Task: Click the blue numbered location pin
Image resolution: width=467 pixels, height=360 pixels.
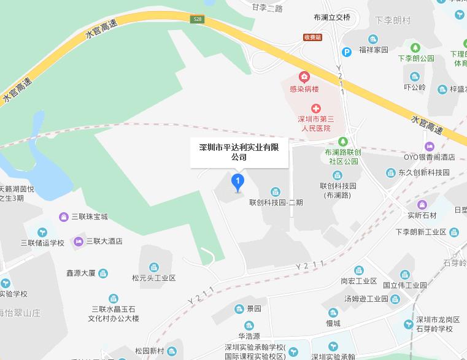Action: (237, 182)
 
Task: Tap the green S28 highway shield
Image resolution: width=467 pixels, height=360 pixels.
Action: (197, 19)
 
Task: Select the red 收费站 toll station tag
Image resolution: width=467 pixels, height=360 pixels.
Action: (312, 37)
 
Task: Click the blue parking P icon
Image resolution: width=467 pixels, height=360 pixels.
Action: (347, 52)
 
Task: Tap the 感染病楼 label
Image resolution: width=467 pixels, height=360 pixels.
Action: (304, 89)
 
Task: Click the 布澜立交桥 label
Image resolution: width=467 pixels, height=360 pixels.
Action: (332, 17)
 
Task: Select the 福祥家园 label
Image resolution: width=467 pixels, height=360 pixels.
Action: (374, 50)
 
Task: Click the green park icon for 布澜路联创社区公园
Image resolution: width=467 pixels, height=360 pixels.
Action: (343, 141)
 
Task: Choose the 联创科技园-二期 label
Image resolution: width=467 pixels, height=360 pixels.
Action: (276, 202)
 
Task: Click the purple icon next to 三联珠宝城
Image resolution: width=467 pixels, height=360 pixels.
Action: (63, 216)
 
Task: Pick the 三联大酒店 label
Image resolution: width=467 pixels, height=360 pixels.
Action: (104, 241)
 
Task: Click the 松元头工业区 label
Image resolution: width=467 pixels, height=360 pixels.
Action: (153, 278)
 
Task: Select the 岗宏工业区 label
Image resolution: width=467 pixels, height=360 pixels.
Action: (358, 281)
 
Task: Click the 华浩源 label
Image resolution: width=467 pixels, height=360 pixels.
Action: (249, 336)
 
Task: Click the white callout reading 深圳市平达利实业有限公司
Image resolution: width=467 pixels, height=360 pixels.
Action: (239, 151)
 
